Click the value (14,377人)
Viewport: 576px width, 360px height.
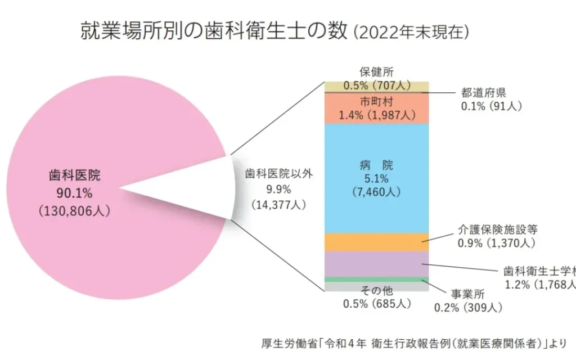click(x=279, y=205)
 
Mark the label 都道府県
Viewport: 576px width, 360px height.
click(x=484, y=93)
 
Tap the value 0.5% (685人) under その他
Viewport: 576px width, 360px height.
click(x=377, y=304)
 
